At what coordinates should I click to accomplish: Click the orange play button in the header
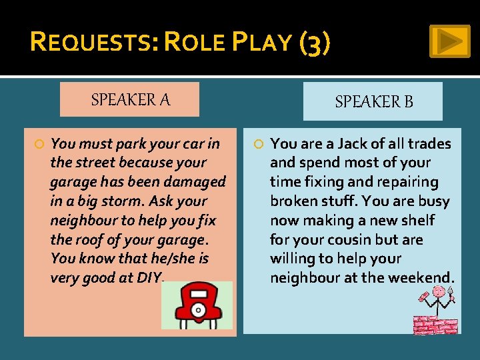(x=449, y=41)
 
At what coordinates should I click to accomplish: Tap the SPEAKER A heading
(x=131, y=100)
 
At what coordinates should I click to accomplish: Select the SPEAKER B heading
(x=373, y=101)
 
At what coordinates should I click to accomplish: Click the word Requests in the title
(x=92, y=43)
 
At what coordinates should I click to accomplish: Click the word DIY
(x=149, y=278)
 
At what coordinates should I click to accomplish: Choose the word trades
(x=429, y=143)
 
